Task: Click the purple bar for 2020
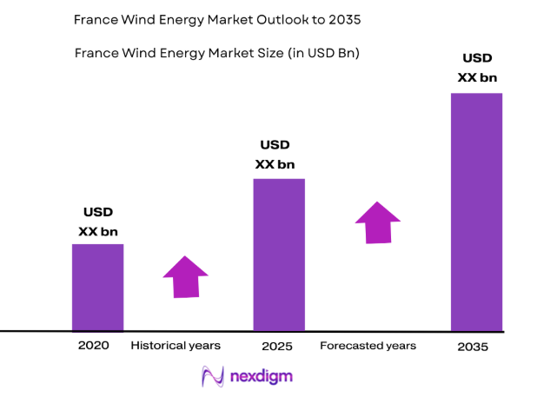pos(97,287)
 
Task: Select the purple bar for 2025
pos(278,255)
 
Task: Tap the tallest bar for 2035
pos(476,211)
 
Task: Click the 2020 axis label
pos(93,346)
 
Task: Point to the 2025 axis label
pos(277,347)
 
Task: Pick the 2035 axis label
pos(474,347)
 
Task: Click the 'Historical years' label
pos(176,346)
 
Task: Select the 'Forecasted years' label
pos(368,346)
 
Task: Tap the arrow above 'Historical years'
pos(186,277)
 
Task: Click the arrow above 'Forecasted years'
pos(378,223)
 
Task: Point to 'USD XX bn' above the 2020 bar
pos(97,222)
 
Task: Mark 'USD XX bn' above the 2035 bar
pos(477,68)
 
